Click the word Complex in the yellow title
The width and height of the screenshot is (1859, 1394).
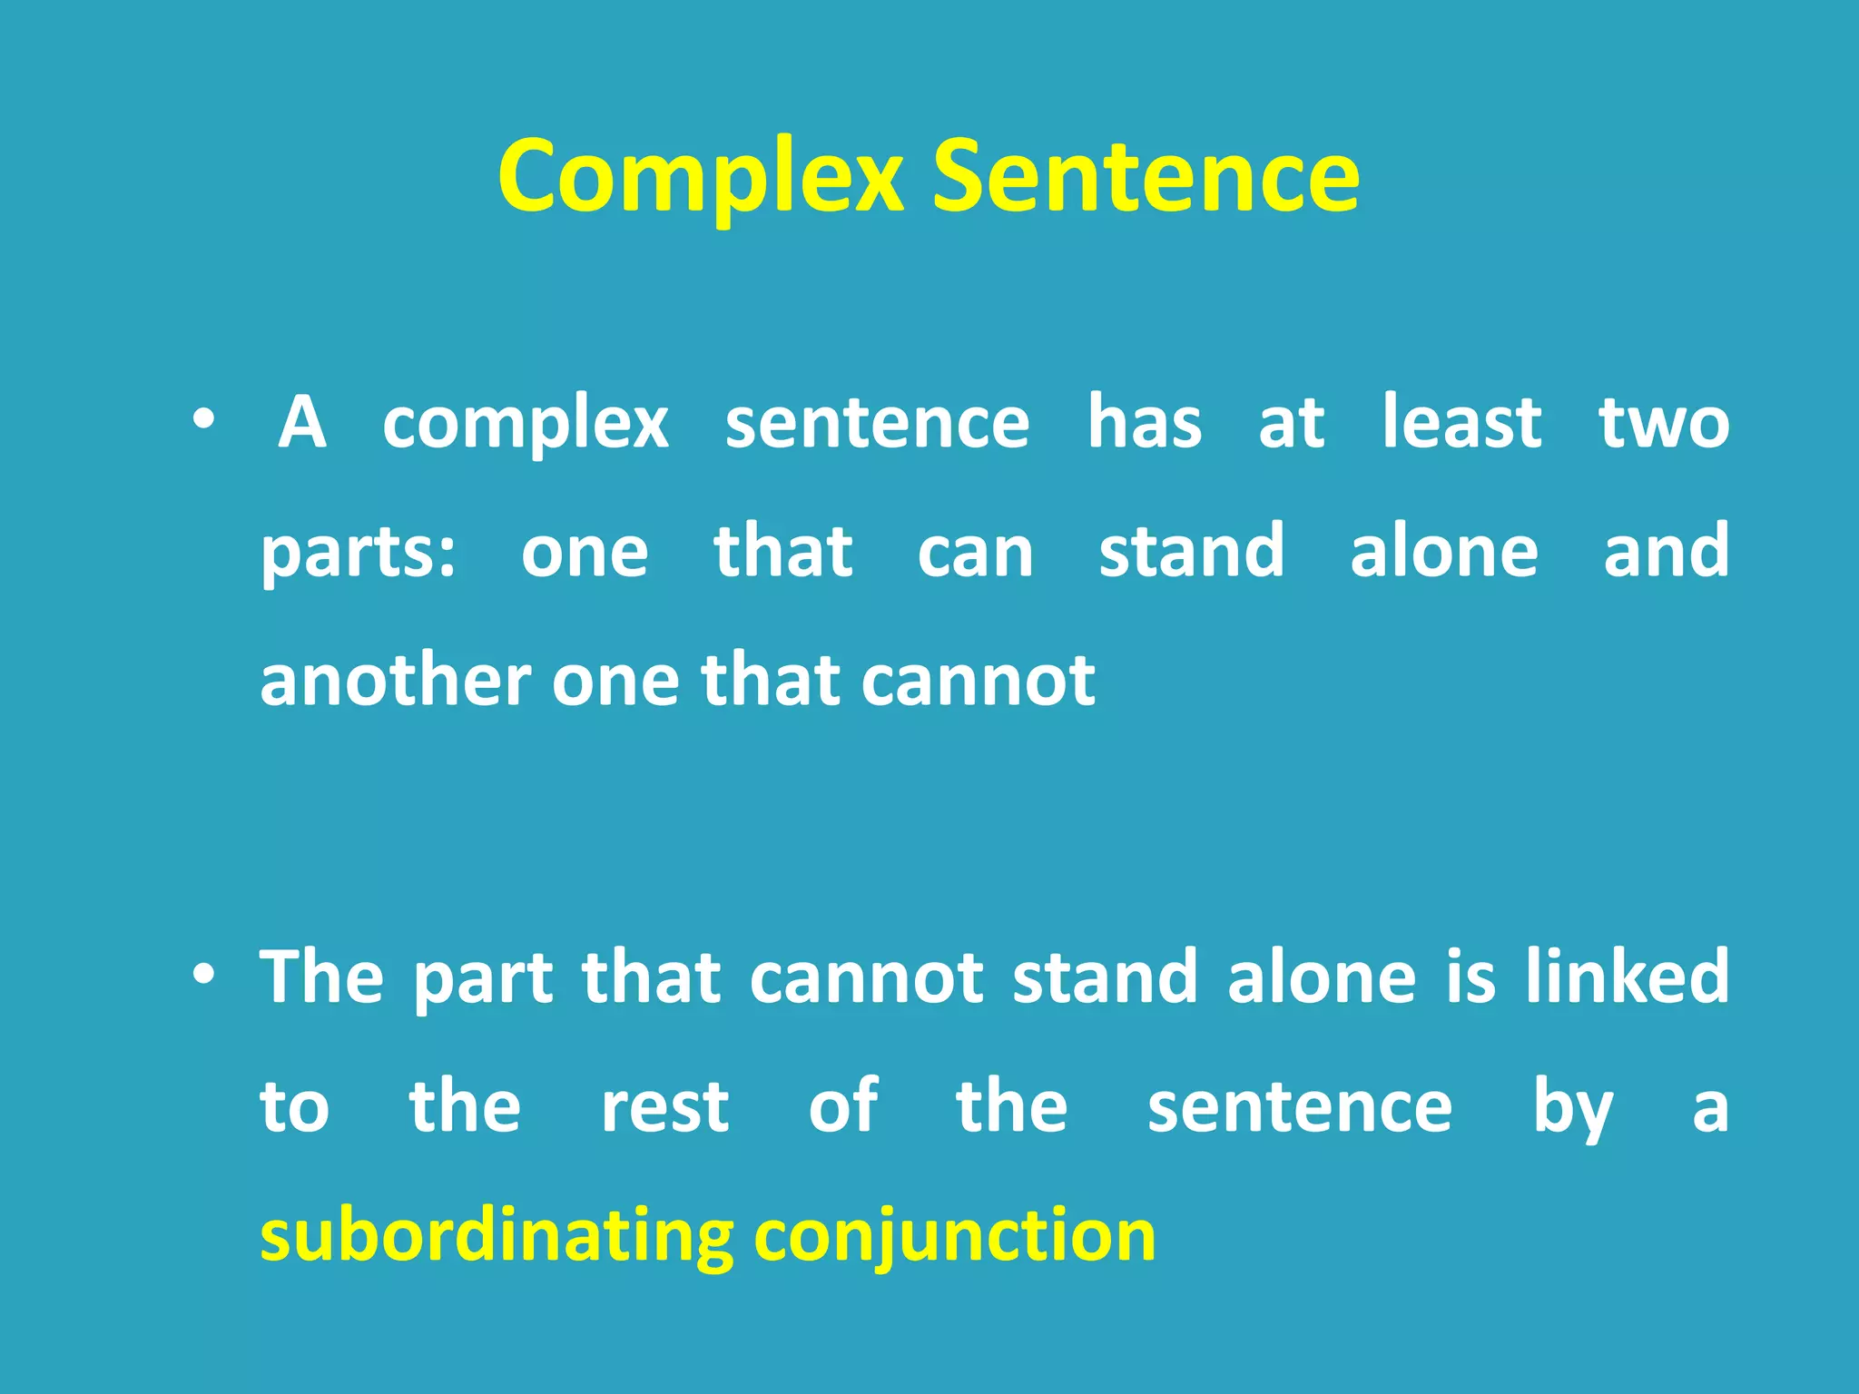coord(700,177)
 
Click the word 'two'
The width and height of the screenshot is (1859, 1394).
coord(1664,424)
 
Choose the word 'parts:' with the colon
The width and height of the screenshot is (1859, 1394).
coord(359,554)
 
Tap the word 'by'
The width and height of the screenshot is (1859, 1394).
coord(1573,1109)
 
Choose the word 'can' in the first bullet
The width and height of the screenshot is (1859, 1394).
coord(975,553)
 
